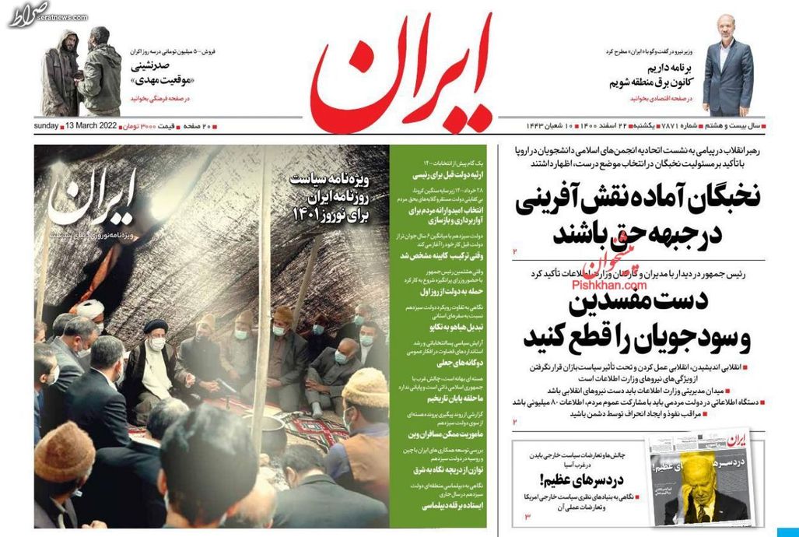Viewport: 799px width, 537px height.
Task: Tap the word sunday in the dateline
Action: [47, 125]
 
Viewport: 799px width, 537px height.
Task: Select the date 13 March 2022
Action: [92, 125]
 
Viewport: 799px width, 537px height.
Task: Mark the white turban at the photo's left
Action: [91, 307]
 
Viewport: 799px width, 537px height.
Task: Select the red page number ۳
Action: [526, 517]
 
